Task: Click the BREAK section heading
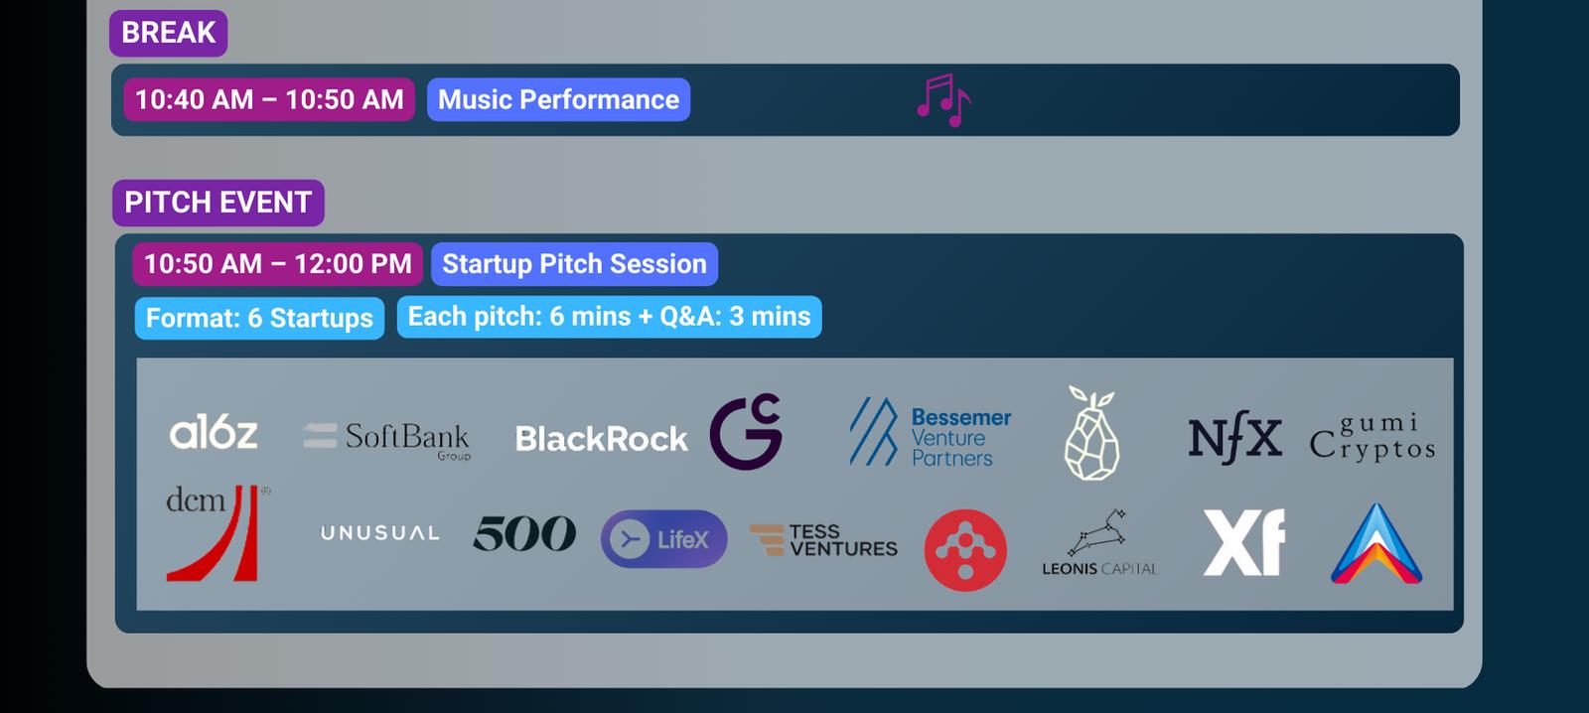(x=168, y=33)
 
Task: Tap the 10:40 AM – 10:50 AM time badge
(x=269, y=99)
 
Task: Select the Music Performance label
(x=558, y=99)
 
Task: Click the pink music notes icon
(x=943, y=100)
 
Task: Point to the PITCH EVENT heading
(x=218, y=203)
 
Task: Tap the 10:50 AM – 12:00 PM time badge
(x=277, y=264)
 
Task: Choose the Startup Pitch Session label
(x=575, y=264)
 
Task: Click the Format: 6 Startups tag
(x=259, y=318)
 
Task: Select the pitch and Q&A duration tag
(x=610, y=317)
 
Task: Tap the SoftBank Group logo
(x=387, y=440)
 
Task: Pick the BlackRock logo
(x=602, y=439)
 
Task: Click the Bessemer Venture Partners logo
(x=931, y=432)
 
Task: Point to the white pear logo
(x=1092, y=433)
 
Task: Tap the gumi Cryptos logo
(x=1372, y=437)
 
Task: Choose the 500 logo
(x=524, y=533)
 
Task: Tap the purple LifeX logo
(x=664, y=539)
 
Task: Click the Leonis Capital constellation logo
(x=1099, y=542)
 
